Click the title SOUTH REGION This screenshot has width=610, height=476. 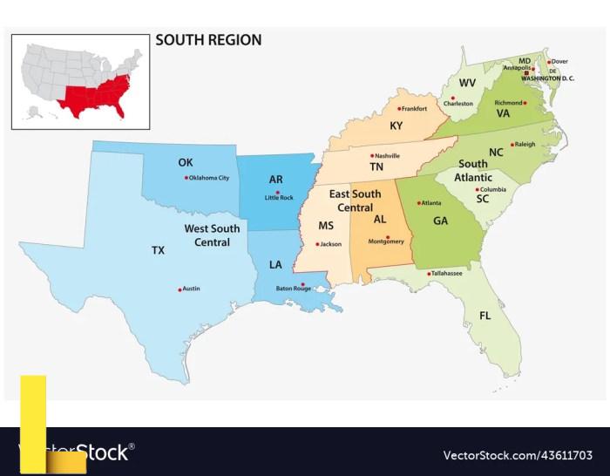[208, 40]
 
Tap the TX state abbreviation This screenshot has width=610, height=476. [158, 250]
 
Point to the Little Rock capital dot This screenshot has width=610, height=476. [278, 193]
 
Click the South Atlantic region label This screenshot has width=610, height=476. [473, 171]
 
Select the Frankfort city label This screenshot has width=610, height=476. [414, 109]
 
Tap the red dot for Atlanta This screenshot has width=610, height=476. [417, 203]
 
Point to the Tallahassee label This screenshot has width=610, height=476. [446, 273]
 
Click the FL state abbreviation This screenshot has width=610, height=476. [485, 315]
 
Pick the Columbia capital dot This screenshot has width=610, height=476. [478, 189]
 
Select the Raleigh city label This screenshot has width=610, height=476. [525, 144]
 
